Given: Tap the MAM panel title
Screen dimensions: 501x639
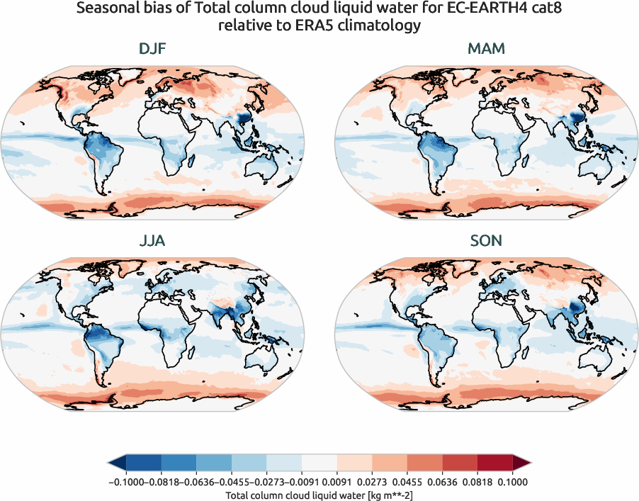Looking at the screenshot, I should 486,50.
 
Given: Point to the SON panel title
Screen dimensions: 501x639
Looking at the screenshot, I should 486,241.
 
